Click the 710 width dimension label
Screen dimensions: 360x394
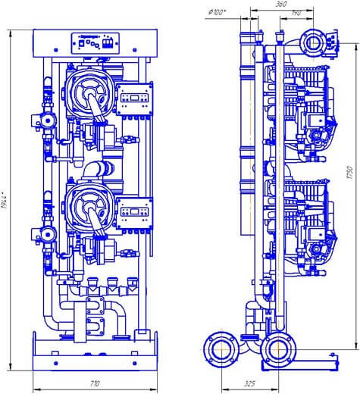tap(95, 383)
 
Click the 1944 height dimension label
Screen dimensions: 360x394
tap(5, 200)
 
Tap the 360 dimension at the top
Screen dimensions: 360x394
tap(281, 5)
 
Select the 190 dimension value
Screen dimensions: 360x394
tap(296, 13)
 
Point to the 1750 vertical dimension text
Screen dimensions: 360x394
tap(349, 173)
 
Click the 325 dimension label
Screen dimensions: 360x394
tap(249, 383)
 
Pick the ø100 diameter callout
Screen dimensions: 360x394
tap(217, 12)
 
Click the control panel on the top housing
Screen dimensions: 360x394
tap(95, 43)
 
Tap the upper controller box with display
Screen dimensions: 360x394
tap(135, 98)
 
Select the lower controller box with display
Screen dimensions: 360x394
tap(135, 213)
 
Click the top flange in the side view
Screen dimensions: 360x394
tap(313, 43)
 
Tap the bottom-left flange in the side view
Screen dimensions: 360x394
tap(221, 349)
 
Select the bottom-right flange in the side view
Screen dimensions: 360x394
tap(278, 349)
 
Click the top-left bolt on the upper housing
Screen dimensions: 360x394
tap(56, 50)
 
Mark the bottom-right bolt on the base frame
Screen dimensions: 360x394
tap(135, 364)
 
